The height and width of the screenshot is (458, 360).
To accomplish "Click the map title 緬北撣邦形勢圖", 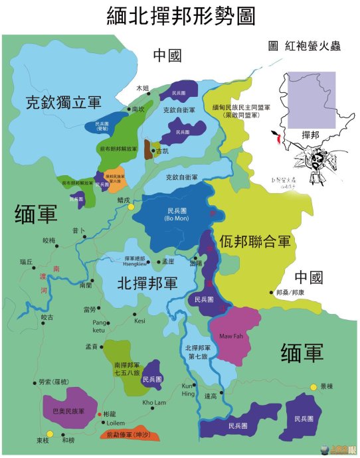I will (x=180, y=16).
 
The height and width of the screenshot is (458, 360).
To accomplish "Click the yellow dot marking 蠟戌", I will (x=132, y=207).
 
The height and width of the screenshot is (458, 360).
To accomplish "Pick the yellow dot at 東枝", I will (x=49, y=433).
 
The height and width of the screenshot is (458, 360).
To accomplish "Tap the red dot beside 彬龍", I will (x=100, y=414).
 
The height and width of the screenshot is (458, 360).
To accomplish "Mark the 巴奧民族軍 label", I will (x=70, y=412).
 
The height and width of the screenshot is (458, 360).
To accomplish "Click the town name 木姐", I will (x=143, y=88).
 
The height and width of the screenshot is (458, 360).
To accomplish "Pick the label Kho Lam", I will (x=153, y=403).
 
